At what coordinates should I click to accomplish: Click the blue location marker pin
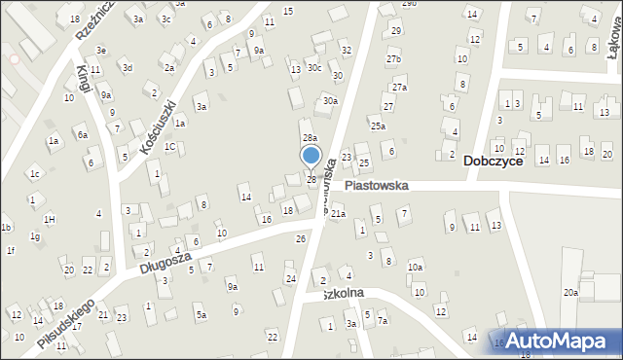tap(311, 157)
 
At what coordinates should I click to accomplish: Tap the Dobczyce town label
tap(493, 162)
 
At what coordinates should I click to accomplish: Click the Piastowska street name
tap(376, 185)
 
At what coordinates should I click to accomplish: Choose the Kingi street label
tap(84, 78)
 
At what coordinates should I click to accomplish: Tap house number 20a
tap(570, 292)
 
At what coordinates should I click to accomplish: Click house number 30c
tap(313, 67)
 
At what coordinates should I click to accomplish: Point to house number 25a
tap(378, 126)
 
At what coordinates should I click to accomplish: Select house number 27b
tap(393, 59)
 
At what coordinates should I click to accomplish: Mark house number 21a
tap(338, 214)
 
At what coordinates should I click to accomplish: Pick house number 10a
tap(416, 267)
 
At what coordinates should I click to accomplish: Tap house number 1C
tap(169, 147)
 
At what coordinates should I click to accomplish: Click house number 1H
tap(49, 219)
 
